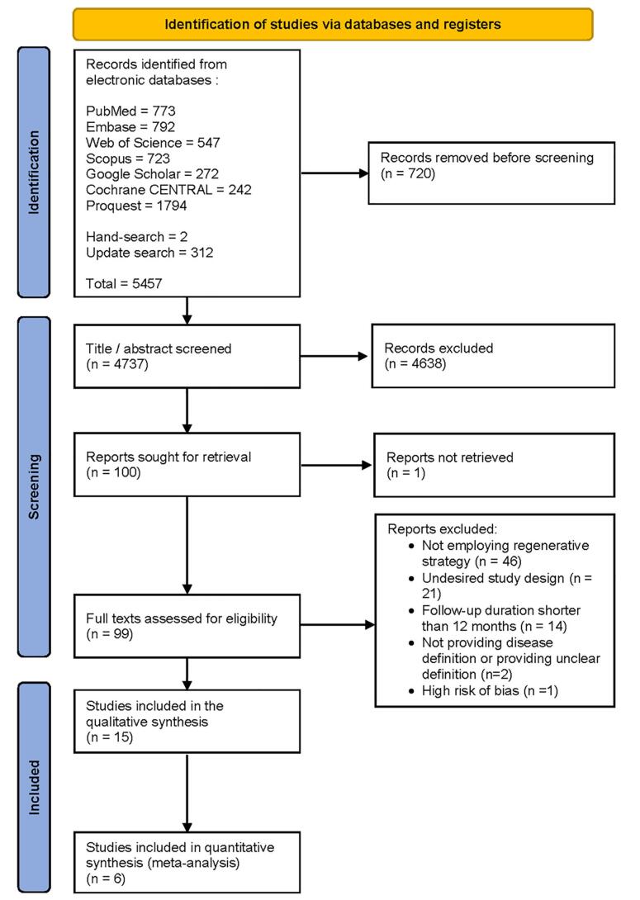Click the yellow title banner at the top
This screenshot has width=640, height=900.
(332, 24)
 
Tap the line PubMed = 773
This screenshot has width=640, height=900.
(130, 111)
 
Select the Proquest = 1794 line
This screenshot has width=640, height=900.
(136, 206)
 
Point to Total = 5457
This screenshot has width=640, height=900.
(124, 283)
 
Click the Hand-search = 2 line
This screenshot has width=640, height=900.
(136, 236)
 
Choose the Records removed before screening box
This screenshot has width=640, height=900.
(491, 173)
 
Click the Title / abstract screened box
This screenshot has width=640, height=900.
(187, 356)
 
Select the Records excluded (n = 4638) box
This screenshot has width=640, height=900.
(493, 356)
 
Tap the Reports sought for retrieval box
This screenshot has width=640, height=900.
(187, 464)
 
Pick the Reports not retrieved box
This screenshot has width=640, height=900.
(494, 465)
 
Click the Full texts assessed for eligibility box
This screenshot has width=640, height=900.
(187, 626)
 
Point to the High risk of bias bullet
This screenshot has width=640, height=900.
(483, 690)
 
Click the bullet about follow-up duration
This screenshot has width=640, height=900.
(495, 618)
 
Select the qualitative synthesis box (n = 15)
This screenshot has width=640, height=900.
(187, 721)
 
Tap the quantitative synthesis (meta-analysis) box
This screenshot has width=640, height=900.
(187, 863)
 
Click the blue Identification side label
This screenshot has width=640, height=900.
(34, 173)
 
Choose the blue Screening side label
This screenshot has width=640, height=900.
(34, 486)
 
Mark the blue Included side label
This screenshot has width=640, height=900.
(34, 788)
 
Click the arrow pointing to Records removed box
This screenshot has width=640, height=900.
(334, 173)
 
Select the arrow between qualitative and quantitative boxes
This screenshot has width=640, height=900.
(187, 792)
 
